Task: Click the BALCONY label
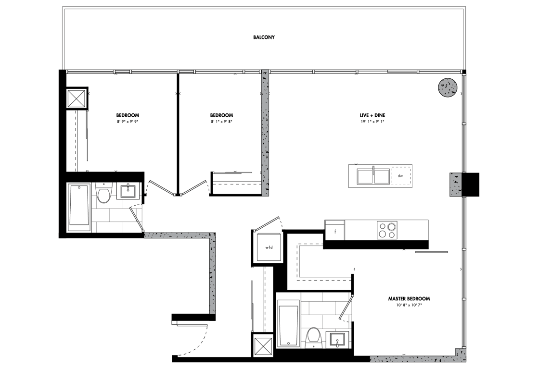tap(264, 37)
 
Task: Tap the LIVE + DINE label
tap(372, 115)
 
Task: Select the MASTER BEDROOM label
tap(409, 299)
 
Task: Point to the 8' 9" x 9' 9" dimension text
tap(128, 122)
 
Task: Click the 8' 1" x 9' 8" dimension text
tap(221, 122)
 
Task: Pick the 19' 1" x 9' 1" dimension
tap(372, 122)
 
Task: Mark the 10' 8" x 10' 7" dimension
tap(409, 305)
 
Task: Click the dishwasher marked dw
tap(400, 176)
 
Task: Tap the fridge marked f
tap(335, 232)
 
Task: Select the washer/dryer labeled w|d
tap(269, 247)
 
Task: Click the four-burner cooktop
tap(387, 230)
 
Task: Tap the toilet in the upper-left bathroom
tap(104, 193)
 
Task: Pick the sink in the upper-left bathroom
tap(128, 191)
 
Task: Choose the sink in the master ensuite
tap(339, 340)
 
